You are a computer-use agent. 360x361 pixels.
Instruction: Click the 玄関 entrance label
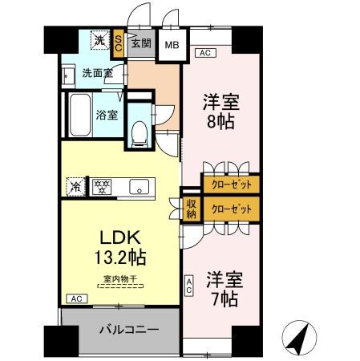pos(141,42)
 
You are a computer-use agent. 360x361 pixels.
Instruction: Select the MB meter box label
pos(172,44)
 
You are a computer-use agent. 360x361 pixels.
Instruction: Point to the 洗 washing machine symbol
pos(99,40)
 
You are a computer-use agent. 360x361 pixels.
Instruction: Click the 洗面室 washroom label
pos(97,74)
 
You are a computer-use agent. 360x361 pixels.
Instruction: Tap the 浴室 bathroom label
pos(108,114)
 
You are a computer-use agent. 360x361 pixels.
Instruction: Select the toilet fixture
pos(140,132)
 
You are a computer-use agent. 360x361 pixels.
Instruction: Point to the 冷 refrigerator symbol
pos(75,185)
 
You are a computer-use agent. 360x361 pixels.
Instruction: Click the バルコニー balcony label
pos(128,330)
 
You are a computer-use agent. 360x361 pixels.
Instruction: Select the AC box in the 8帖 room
pos(205,53)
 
